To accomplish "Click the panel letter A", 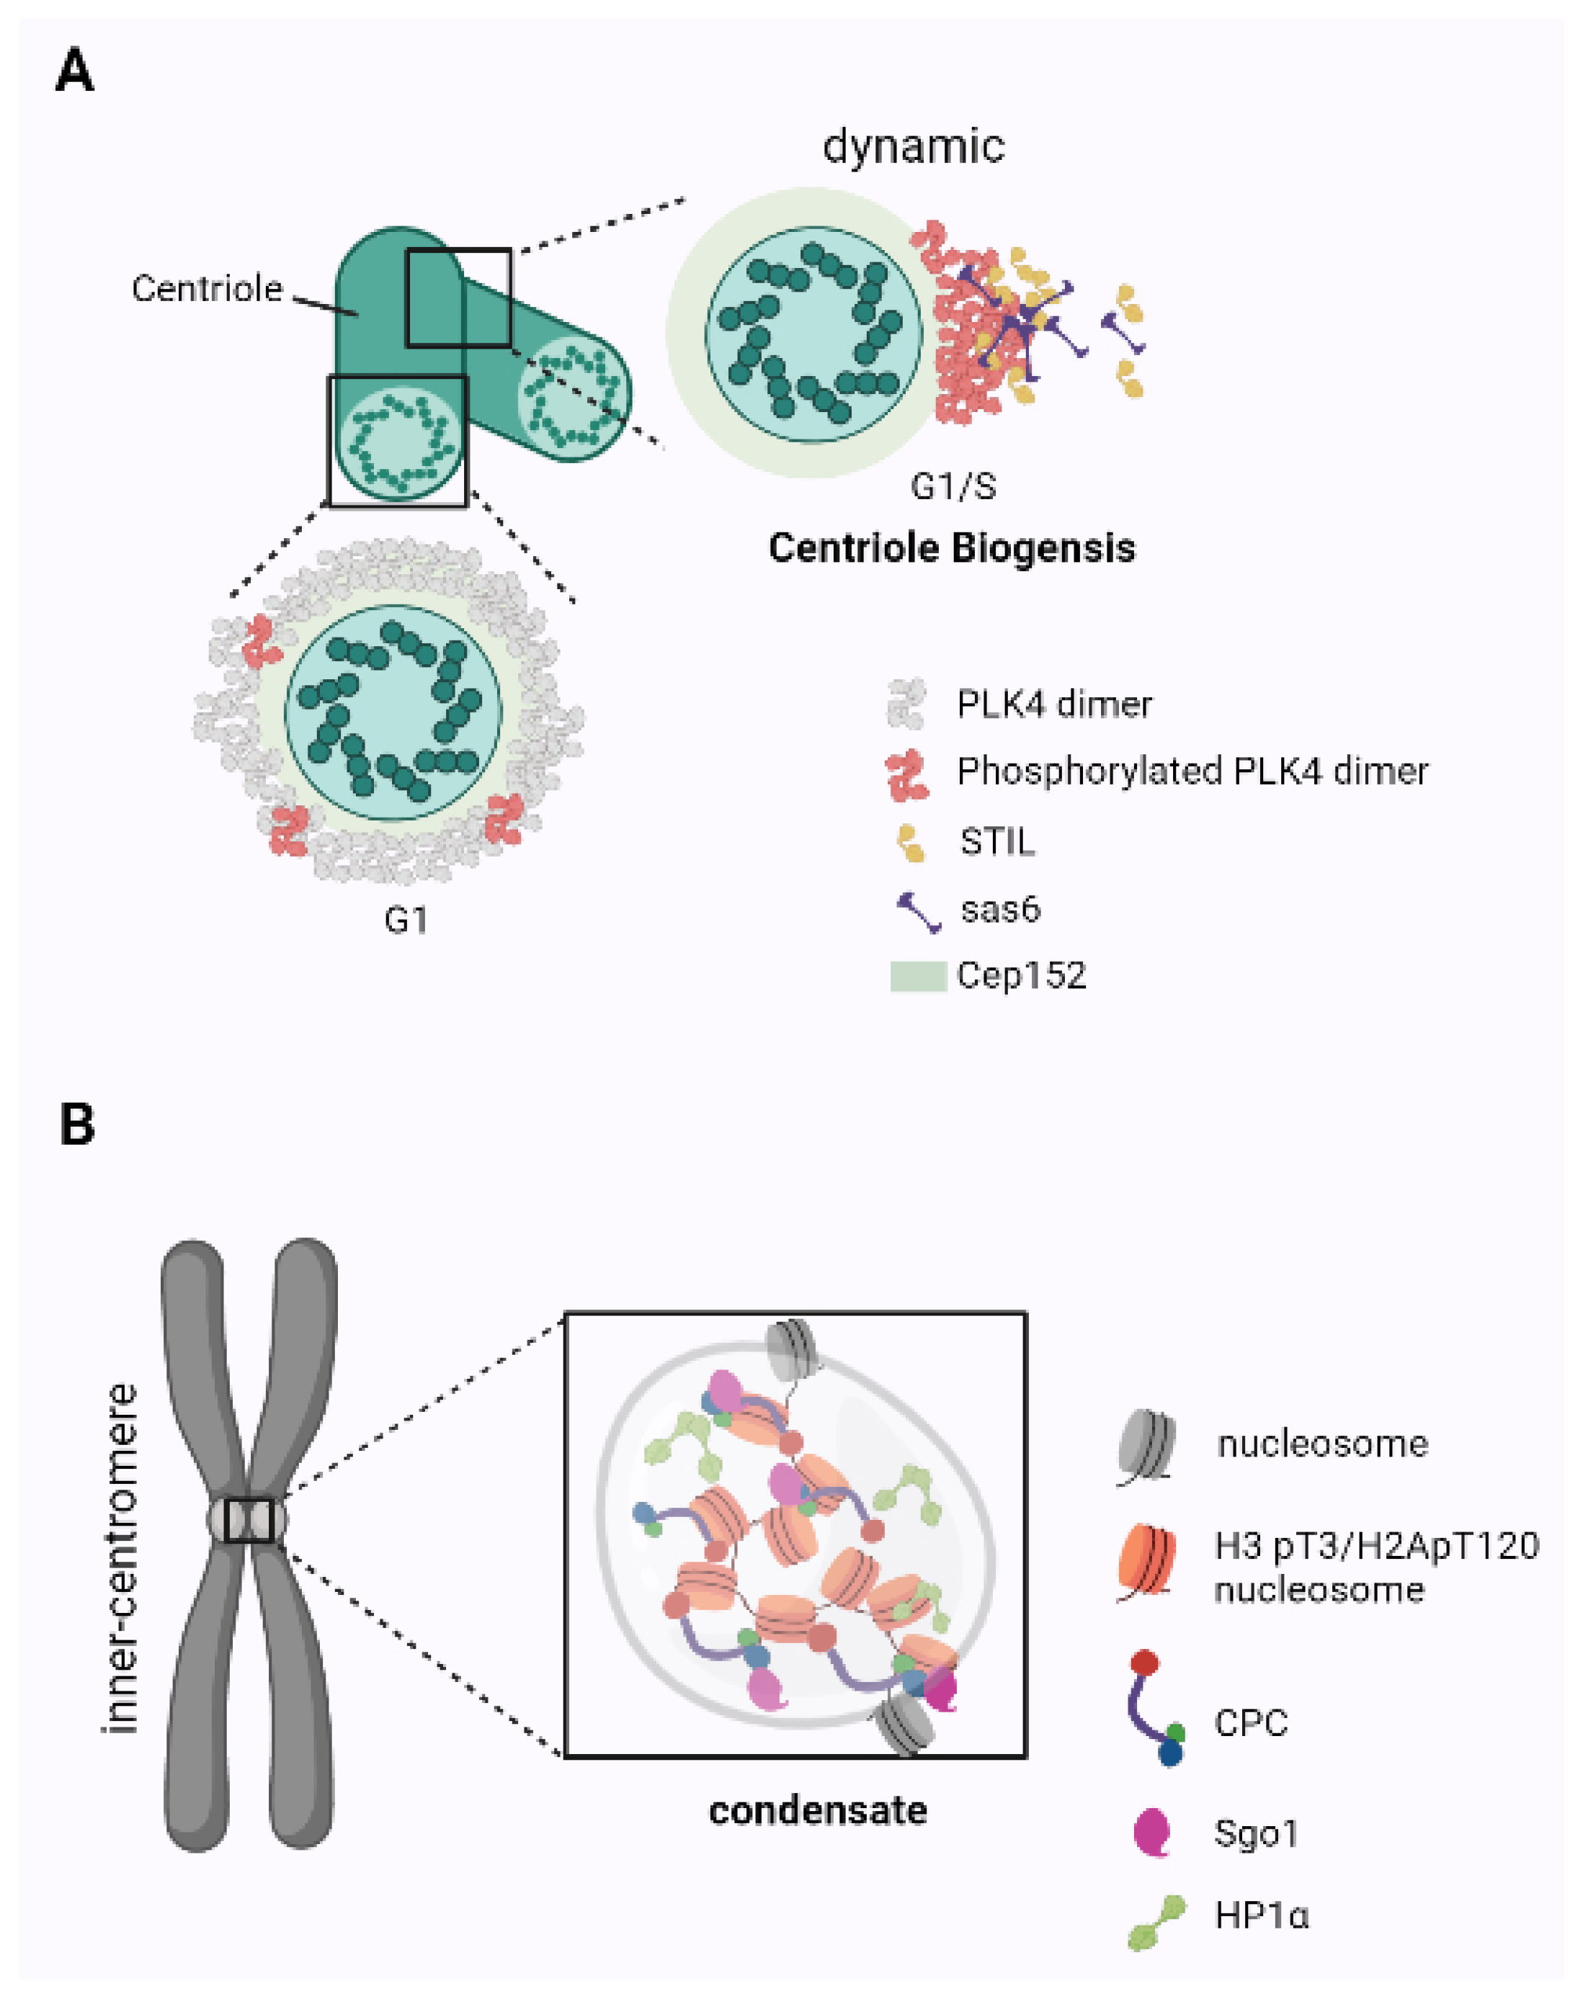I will coord(75,71).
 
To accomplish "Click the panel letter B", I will coord(77,1124).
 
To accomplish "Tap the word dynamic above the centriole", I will coord(913,146).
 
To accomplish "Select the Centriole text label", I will coord(207,288).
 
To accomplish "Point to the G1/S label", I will coord(953,486).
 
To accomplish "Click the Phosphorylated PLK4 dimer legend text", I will coord(1192,771).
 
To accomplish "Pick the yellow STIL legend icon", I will coord(911,842).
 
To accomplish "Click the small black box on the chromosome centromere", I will coord(249,1521).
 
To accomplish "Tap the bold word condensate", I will coord(818,1810).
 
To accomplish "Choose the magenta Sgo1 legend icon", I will coord(1153,1832).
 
